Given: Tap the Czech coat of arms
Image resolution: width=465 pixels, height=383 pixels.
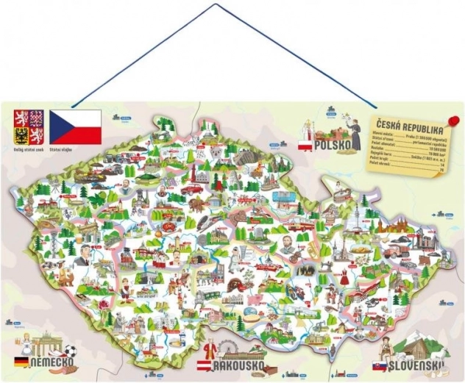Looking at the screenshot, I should [x=30, y=126].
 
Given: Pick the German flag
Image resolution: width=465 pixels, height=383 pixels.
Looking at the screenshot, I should [x=22, y=362].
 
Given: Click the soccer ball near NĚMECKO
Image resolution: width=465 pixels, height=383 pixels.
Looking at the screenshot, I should [x=70, y=351].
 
